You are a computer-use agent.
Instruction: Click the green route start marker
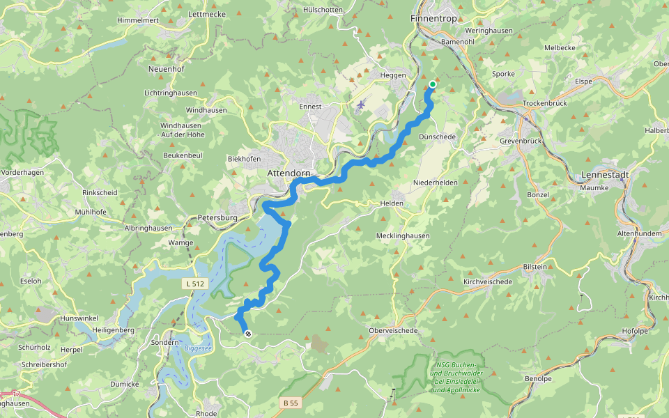coord(433,85)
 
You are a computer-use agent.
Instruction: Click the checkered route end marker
coord(247,334)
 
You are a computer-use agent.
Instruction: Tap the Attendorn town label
coord(289,173)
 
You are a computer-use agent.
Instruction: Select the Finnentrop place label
coord(433,19)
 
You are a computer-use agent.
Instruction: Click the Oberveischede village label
coord(394,330)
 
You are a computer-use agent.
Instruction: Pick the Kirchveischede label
coord(488,281)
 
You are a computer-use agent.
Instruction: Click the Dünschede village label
coord(437,137)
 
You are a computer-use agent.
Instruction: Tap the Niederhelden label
coord(434,183)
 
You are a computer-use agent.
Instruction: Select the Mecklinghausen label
coord(403,235)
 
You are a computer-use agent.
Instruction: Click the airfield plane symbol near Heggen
coord(360,105)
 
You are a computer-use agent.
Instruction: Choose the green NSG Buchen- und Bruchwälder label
coord(457,378)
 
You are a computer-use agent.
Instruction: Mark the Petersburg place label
coord(218,217)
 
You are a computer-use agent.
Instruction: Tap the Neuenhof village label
coord(165,69)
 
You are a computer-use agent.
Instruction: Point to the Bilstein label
coord(535,267)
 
